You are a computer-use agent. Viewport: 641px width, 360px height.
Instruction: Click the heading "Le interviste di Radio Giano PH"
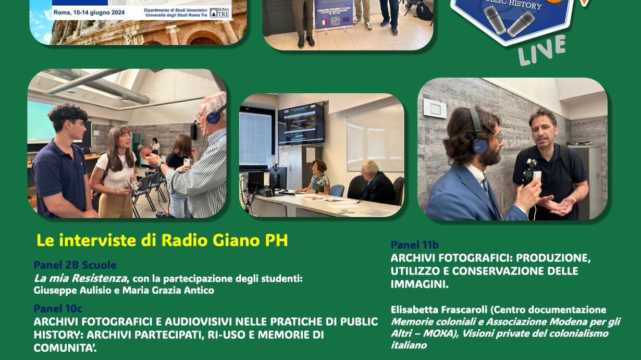(x=162, y=241)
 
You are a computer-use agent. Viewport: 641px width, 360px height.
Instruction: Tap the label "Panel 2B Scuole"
(x=75, y=265)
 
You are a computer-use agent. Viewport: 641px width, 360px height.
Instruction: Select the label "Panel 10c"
(x=58, y=309)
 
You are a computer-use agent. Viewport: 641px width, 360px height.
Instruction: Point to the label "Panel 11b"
(x=415, y=245)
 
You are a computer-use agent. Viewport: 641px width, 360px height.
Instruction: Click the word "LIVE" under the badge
(x=541, y=51)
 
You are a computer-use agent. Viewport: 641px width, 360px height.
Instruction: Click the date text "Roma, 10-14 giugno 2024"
(x=89, y=13)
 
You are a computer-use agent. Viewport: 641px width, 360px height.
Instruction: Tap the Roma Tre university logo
(x=219, y=13)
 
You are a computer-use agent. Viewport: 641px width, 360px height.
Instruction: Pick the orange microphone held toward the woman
(x=144, y=151)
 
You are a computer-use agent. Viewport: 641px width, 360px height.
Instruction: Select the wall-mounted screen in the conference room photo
(x=301, y=123)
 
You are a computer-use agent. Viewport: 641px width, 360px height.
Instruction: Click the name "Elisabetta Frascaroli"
(x=439, y=309)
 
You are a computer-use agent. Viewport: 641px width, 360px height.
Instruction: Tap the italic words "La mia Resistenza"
(x=80, y=278)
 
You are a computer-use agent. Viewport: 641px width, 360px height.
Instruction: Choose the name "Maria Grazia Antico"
(x=168, y=291)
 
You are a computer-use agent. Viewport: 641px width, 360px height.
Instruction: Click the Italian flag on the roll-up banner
(x=323, y=22)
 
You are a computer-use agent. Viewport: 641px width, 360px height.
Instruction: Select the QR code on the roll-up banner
(x=335, y=21)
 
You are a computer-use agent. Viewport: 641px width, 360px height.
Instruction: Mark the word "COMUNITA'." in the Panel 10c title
(x=65, y=347)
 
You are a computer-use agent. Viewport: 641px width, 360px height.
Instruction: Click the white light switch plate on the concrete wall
(x=435, y=108)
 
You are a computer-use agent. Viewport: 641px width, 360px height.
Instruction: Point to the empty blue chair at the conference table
(x=337, y=191)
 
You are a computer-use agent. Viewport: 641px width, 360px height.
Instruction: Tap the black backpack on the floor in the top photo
(x=424, y=11)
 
